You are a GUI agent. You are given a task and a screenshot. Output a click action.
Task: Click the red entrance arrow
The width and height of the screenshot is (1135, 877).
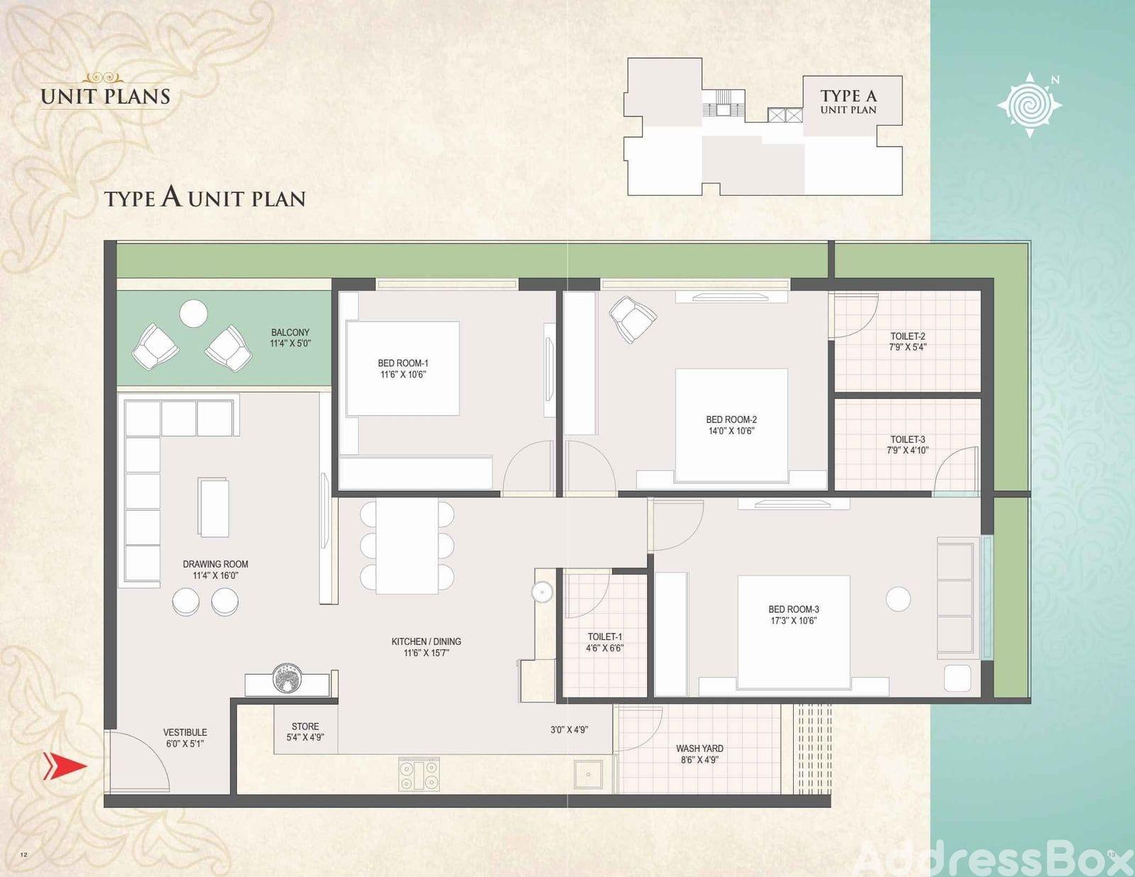65,766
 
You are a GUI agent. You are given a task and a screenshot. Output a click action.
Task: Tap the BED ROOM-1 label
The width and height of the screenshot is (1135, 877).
403,363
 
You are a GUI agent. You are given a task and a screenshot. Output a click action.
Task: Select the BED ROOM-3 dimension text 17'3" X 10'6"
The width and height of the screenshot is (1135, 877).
793,621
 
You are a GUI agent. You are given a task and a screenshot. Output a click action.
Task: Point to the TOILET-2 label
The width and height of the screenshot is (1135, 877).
908,336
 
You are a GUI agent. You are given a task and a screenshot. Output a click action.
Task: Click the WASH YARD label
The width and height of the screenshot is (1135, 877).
699,749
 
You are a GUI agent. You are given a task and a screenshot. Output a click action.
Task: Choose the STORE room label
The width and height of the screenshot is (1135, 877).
305,727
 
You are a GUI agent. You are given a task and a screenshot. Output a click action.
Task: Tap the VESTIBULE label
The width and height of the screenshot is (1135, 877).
185,732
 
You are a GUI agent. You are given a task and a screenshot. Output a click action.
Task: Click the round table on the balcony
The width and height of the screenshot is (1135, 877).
193,314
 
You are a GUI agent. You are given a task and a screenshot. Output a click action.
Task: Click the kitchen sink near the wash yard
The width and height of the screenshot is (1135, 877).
588,774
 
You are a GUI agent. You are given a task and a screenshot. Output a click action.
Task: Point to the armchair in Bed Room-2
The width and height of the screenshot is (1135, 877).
632,319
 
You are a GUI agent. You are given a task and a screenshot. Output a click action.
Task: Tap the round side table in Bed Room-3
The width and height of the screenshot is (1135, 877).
898,599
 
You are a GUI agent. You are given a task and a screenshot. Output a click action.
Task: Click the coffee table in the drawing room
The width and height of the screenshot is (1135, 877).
213,507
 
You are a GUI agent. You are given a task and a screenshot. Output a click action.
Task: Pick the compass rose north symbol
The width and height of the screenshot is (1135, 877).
1029,105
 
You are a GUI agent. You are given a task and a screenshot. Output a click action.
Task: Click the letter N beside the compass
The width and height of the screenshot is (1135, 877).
1055,80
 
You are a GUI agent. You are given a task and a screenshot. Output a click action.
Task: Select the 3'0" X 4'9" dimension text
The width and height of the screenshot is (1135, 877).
569,729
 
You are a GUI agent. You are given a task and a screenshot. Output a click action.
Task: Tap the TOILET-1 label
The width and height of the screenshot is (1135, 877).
605,636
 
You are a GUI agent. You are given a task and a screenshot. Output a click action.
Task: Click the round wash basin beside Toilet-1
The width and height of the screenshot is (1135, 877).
542,592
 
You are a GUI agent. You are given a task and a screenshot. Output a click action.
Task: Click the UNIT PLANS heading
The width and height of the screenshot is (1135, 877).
106,96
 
